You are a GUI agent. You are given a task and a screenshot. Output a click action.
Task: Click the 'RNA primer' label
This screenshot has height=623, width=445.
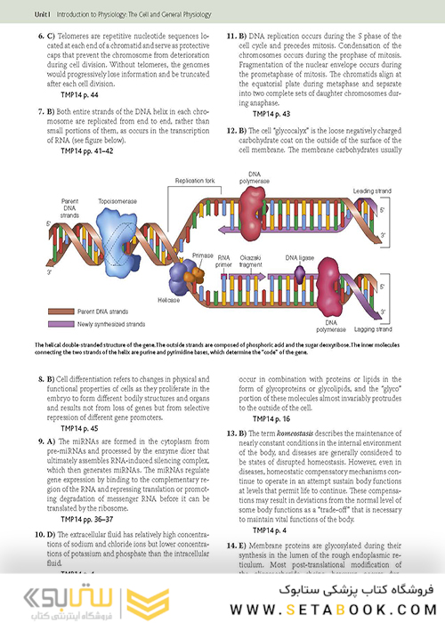click(x=229, y=259)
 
